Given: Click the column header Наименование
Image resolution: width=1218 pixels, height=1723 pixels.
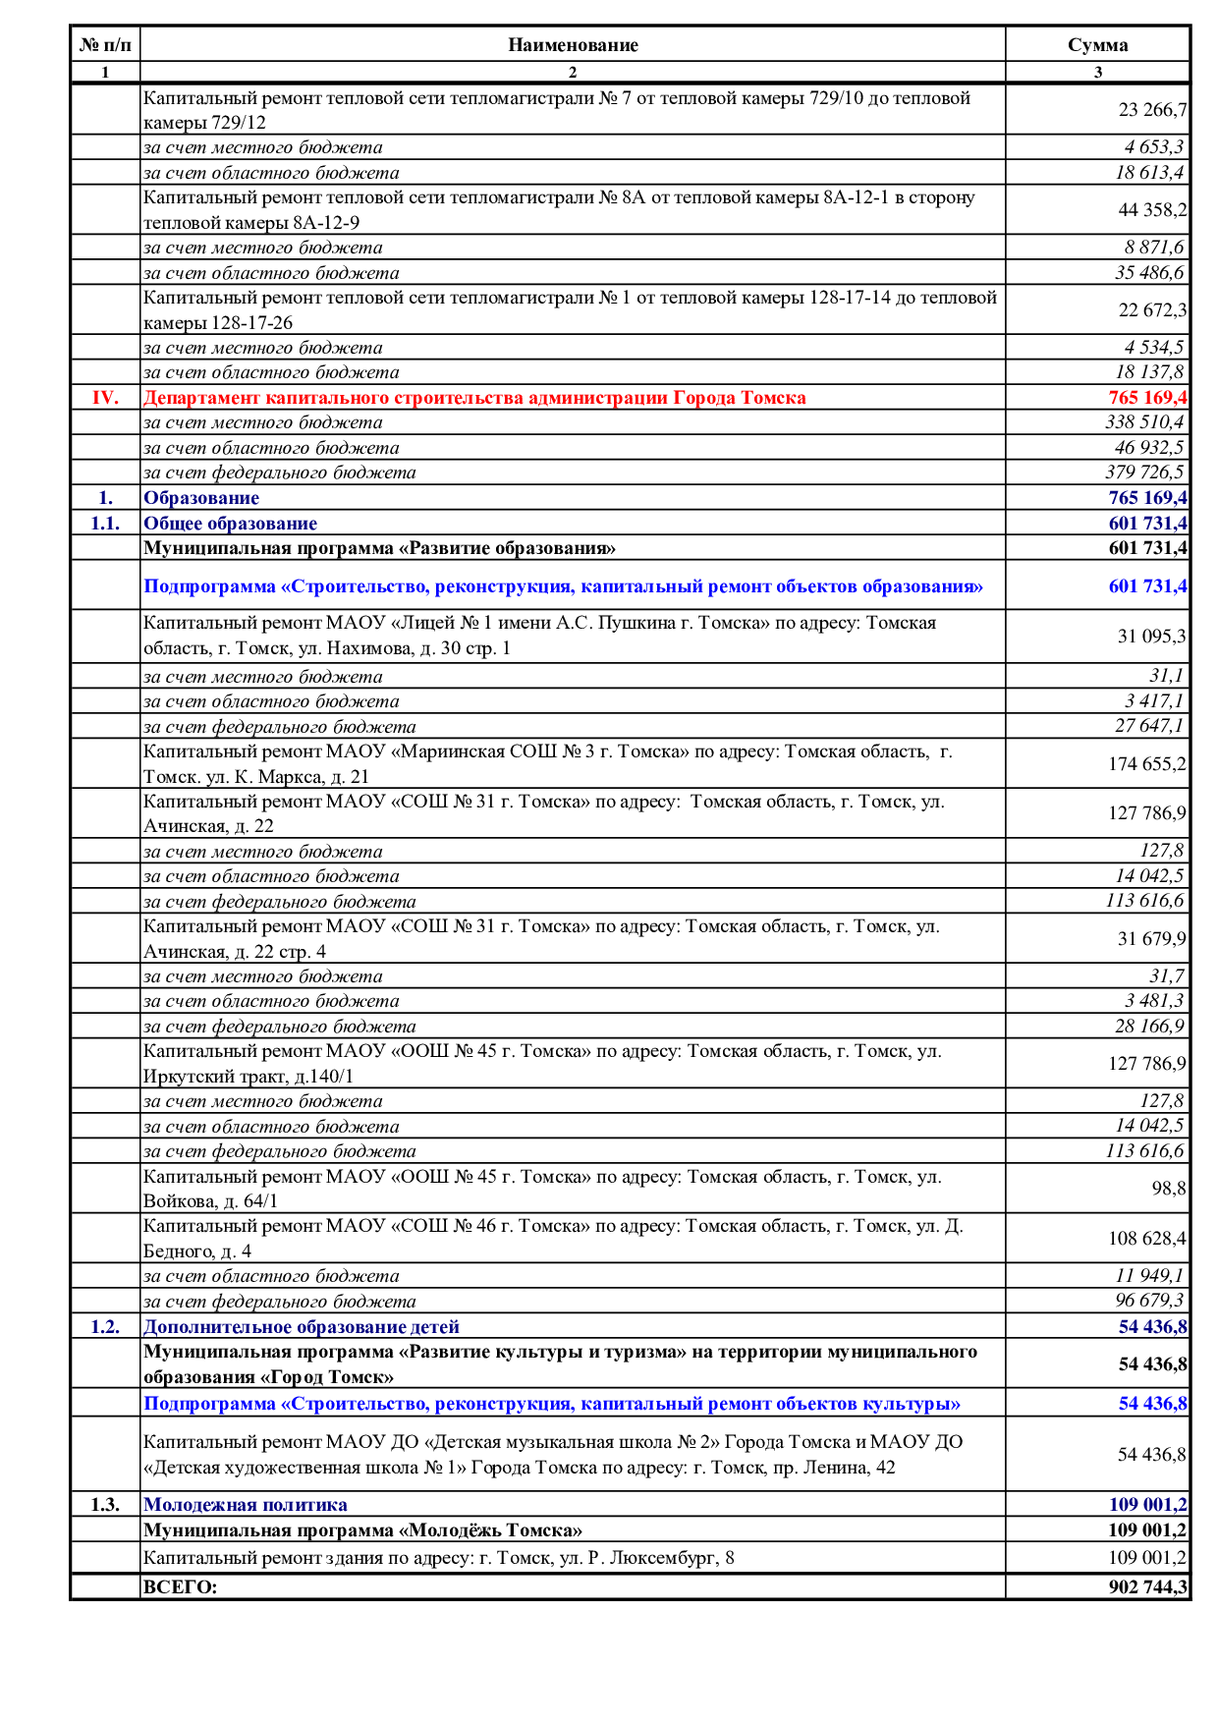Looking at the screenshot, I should [x=573, y=45].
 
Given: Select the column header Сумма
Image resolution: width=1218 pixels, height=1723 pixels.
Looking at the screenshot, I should [x=1097, y=45].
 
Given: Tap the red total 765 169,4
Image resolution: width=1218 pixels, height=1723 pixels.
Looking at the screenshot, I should [x=1147, y=398].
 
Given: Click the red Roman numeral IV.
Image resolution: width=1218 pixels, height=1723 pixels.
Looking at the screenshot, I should [x=105, y=398].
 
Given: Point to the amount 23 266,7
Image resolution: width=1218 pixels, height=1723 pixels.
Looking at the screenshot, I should [x=1152, y=110].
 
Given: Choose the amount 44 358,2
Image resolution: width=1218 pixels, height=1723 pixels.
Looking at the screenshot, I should [x=1152, y=210].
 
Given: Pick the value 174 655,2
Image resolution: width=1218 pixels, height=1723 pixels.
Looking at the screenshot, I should [x=1147, y=764].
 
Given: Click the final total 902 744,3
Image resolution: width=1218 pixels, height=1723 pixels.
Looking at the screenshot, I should [x=1147, y=1586].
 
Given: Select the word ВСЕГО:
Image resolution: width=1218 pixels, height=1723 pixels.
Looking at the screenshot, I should [x=180, y=1586].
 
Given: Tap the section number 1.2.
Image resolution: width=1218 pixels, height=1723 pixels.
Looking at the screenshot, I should [x=105, y=1327].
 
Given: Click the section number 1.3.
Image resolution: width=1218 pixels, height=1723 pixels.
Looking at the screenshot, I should [x=105, y=1505].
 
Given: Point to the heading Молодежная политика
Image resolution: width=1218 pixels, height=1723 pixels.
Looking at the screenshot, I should [x=245, y=1505].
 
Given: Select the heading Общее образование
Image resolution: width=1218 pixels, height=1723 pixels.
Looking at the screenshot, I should [x=230, y=524].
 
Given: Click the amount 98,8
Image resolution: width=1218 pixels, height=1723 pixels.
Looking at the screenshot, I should [x=1169, y=1189].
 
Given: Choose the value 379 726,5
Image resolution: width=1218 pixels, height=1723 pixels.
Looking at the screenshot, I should [x=1144, y=472].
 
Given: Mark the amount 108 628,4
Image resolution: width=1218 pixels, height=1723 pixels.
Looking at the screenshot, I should [x=1147, y=1239].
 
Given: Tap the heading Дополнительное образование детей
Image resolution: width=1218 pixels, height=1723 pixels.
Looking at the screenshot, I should [x=301, y=1327].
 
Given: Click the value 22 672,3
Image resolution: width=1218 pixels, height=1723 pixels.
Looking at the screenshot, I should [x=1152, y=310].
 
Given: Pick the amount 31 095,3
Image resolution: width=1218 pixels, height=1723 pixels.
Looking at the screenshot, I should [x=1152, y=637].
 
